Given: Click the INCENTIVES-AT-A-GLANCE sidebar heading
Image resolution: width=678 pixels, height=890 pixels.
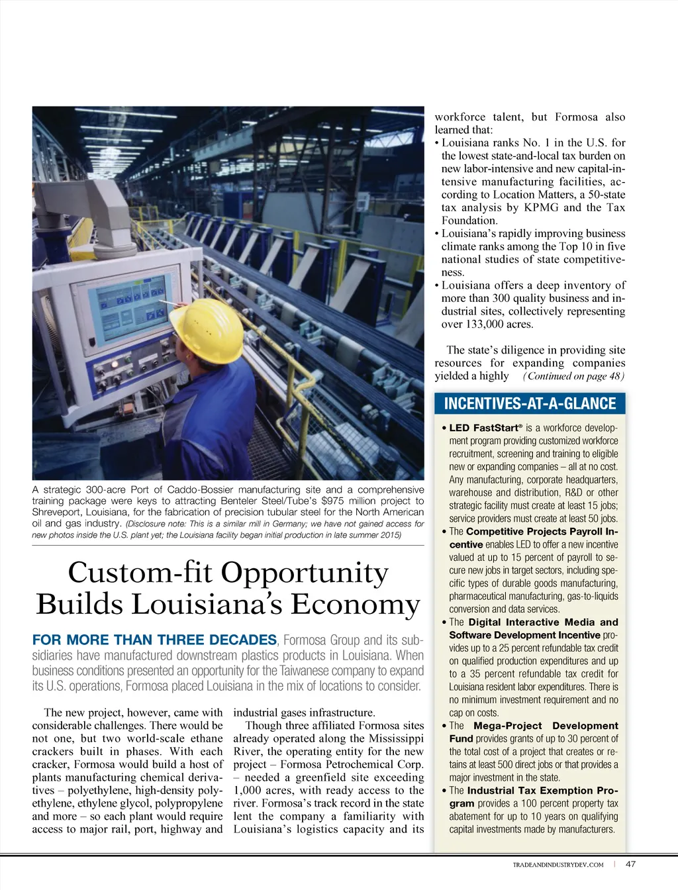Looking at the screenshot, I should [530, 403].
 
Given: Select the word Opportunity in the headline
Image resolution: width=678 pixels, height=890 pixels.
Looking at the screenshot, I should [304, 572].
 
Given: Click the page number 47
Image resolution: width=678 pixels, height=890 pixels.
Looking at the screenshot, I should [630, 864].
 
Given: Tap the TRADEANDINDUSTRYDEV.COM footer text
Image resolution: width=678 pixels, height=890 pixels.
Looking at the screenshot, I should [558, 864].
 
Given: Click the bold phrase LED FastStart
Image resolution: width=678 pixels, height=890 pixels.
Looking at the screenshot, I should [484, 428].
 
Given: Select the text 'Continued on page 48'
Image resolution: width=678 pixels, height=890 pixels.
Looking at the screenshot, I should [573, 376].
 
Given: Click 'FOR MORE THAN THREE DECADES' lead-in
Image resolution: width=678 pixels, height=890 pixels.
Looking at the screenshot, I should [154, 640].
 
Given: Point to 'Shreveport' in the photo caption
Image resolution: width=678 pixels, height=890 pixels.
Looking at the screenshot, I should [59, 512].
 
